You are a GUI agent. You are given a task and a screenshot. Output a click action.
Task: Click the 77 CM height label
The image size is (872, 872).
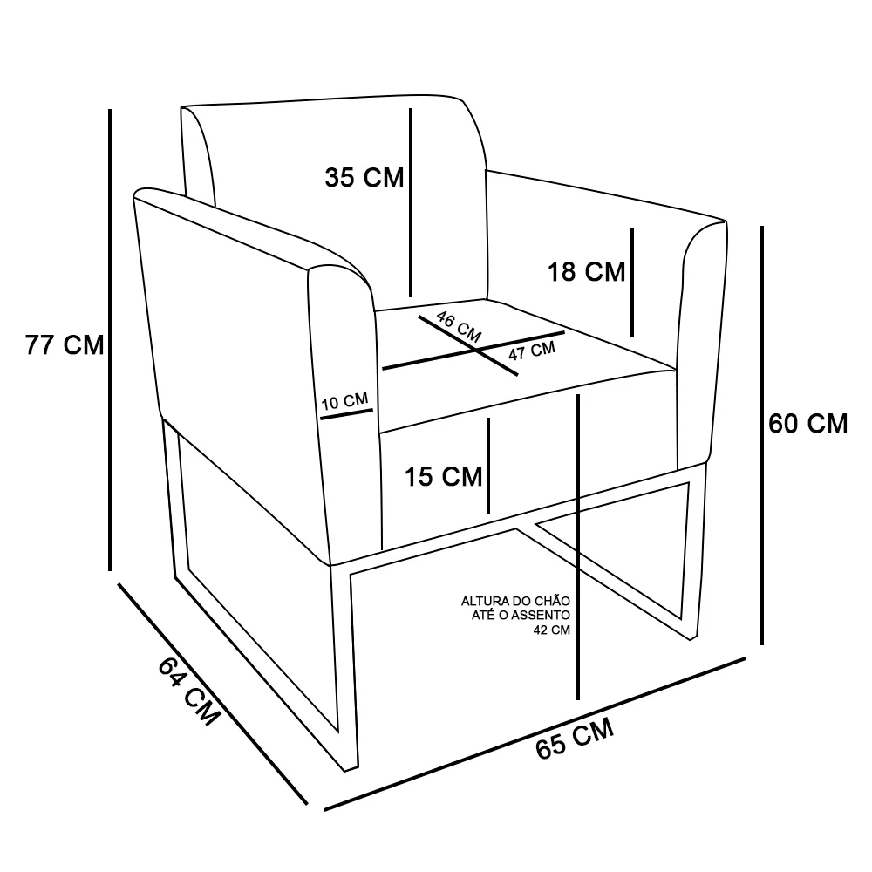[65, 344]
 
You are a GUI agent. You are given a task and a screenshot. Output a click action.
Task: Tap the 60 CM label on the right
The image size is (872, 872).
[808, 424]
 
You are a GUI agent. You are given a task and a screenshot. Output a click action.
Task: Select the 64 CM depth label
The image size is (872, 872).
[188, 691]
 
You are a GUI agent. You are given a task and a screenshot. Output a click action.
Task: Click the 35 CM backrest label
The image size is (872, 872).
[364, 178]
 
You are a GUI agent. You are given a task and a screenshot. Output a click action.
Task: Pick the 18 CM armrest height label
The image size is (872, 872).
[587, 272]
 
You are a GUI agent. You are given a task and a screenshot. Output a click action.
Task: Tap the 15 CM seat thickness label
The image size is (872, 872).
[443, 477]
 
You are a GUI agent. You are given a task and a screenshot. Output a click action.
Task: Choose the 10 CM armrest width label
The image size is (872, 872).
[344, 401]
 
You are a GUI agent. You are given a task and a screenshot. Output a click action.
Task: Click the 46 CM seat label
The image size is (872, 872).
[459, 327]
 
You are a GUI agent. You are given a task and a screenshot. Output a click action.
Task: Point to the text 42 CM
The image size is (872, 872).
[552, 630]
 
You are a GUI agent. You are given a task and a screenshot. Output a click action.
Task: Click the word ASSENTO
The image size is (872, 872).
[541, 615]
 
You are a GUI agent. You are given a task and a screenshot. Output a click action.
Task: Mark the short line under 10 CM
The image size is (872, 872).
[346, 415]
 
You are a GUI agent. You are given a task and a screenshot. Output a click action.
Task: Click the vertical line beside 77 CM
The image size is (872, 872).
[110, 340]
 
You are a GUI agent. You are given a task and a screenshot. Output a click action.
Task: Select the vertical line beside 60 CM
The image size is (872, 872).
[762, 435]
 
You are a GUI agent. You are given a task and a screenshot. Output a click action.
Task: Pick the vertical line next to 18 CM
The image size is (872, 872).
[632, 283]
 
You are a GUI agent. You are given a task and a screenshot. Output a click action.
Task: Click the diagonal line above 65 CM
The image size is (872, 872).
[535, 734]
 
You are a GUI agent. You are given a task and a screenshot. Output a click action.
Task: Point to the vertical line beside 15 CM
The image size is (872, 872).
[488, 466]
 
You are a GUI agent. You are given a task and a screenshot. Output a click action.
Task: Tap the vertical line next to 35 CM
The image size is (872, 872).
[411, 202]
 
